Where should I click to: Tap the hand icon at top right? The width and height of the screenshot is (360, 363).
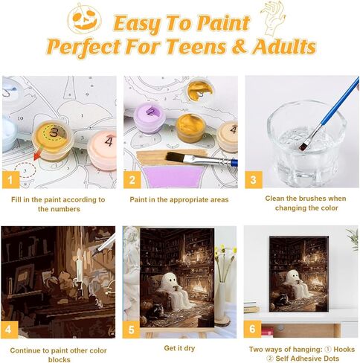(274, 16)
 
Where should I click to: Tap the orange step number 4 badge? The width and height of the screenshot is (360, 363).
(10, 328)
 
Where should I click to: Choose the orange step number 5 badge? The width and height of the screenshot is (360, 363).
(132, 328)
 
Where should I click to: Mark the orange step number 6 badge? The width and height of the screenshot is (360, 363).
(254, 328)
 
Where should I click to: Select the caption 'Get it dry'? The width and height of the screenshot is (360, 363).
(179, 347)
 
